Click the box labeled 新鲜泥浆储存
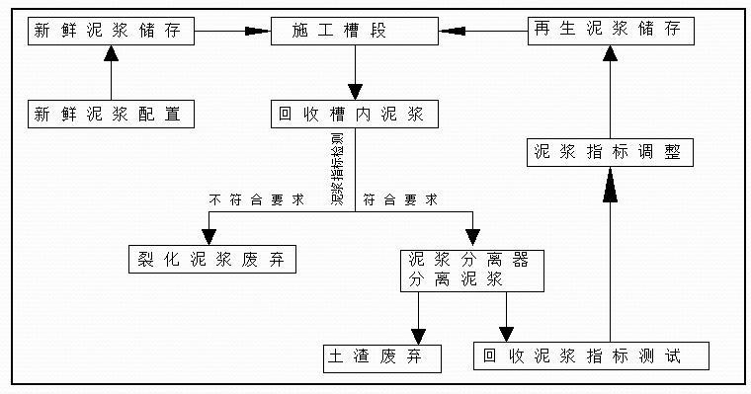tap(110, 31)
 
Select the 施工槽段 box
tap(353, 31)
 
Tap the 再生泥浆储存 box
tap(605, 31)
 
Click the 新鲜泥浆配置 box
tap(110, 115)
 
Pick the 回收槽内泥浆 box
tap(353, 115)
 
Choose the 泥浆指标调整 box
tap(605, 153)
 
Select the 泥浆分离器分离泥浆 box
tap(472, 270)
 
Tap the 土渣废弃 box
tap(381, 356)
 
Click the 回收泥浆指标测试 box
tap(591, 356)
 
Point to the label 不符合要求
tap(256, 200)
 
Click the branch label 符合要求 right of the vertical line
tap(400, 200)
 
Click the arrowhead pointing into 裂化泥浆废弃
tap(209, 236)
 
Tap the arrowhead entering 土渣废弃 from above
tap(418, 333)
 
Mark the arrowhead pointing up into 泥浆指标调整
tap(610, 182)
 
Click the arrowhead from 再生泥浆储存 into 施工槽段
tap(453, 32)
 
